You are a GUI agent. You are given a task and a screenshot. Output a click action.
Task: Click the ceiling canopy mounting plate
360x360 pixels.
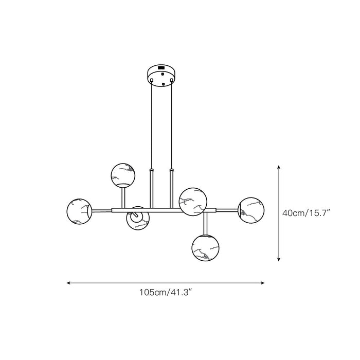click(x=162, y=76)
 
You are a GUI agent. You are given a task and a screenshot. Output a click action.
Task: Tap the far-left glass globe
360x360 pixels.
click(x=79, y=211)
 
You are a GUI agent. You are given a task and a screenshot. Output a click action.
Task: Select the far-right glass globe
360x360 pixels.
click(x=251, y=210)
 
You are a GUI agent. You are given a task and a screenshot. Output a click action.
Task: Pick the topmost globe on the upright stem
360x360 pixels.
click(x=123, y=175)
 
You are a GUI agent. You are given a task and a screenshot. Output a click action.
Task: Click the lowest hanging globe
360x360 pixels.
click(x=205, y=248)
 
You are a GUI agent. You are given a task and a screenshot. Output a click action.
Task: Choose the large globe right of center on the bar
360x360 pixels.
click(x=193, y=202)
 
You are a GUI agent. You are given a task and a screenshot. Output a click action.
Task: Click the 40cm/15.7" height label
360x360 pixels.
click(x=306, y=213)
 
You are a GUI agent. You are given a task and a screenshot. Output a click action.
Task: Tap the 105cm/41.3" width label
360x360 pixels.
click(x=166, y=293)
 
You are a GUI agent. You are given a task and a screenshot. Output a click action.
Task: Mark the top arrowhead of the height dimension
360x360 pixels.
click(x=279, y=167)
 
